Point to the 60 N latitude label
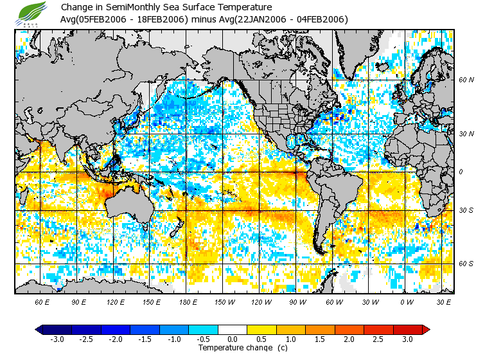pos(466,80)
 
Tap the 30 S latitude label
pos(466,210)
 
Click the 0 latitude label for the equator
pos(461,172)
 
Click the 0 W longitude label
pos(407,301)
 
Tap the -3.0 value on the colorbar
pos(57,339)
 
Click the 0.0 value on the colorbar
pos(233,339)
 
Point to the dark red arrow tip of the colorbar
pos(427,329)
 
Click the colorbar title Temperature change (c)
pos(233,348)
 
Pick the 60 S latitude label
pos(466,264)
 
